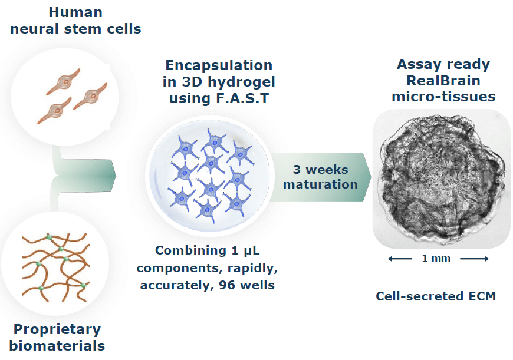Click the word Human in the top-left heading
74,12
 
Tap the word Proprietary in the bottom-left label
57,329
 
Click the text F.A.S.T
242,98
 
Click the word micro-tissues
443,96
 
